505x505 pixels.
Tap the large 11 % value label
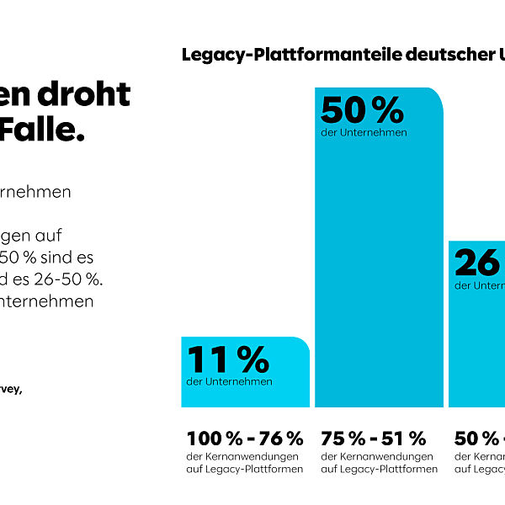[x=228, y=359]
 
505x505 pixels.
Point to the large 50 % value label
[x=362, y=110]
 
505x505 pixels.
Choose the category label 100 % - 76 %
[x=244, y=439]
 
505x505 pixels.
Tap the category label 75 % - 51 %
[x=374, y=439]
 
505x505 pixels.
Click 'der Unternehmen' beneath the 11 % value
[x=229, y=382]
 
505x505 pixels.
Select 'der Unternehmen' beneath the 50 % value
[x=364, y=133]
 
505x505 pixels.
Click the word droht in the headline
[x=92, y=95]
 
